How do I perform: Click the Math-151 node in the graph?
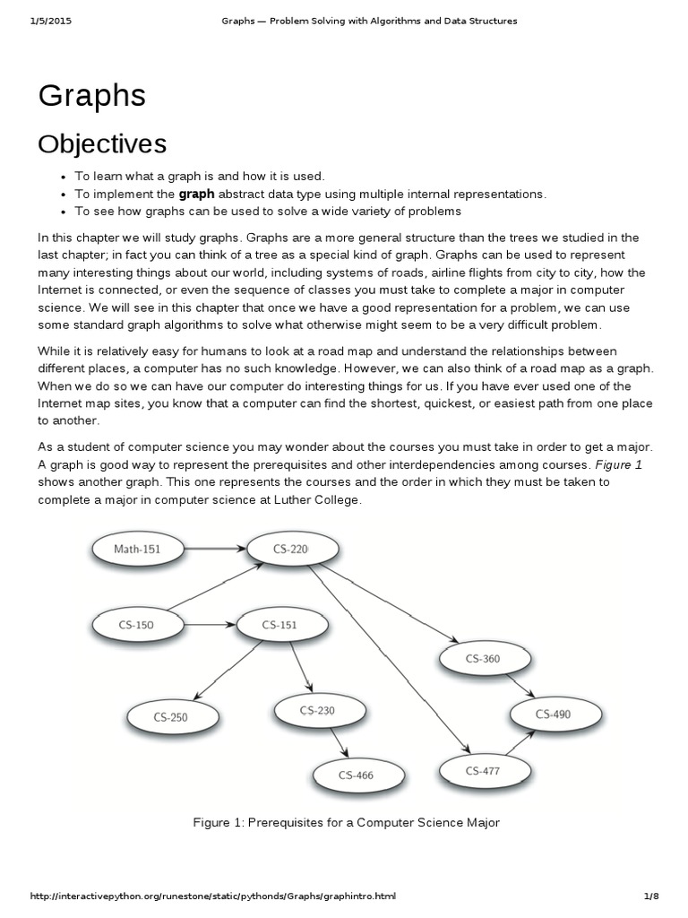tap(137, 549)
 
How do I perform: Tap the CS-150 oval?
tap(136, 624)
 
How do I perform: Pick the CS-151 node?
tap(279, 624)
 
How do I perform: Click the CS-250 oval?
tap(170, 716)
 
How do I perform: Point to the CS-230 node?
tap(316, 710)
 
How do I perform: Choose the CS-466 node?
tap(357, 775)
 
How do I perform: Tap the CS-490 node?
tap(553, 714)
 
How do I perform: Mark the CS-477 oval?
tap(482, 769)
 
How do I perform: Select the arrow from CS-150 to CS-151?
tap(208, 624)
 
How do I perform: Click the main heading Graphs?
tap(91, 95)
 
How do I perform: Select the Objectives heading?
tap(102, 143)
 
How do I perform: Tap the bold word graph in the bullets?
tap(196, 194)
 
